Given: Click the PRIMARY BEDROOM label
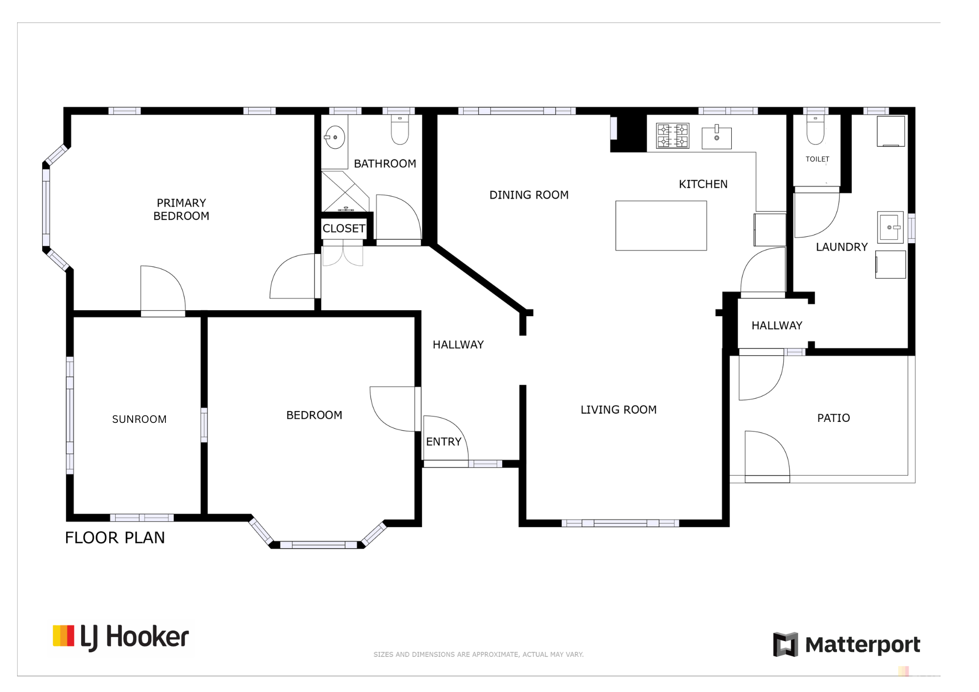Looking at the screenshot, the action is (x=181, y=209).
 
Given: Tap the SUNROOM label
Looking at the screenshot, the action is (x=140, y=419).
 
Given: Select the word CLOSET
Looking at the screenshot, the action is (x=344, y=229).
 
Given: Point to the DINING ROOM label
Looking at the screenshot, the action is (x=529, y=195).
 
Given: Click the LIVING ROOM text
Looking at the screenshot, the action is (x=619, y=410).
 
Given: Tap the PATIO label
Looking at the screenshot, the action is (x=834, y=418).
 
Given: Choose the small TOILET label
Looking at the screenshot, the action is (x=817, y=159).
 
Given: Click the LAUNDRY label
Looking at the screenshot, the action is (x=842, y=247).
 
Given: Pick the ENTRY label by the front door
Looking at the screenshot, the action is (x=444, y=442).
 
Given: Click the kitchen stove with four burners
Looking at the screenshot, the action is (x=673, y=136).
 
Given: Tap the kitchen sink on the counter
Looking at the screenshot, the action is (x=717, y=138).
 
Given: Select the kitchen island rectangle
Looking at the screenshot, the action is (x=661, y=226).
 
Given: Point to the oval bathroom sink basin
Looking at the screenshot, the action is (x=335, y=138).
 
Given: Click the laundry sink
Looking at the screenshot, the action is (x=890, y=228).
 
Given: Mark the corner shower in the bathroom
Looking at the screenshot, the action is (x=345, y=191).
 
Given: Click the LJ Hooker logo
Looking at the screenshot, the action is (x=121, y=637).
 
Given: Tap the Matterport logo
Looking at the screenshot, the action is (x=847, y=645).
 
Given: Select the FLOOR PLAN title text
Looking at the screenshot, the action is (x=115, y=538).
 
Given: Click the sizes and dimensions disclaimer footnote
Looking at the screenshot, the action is (x=479, y=654).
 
